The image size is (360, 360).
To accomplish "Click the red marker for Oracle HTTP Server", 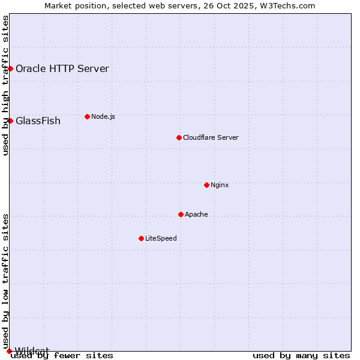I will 10,68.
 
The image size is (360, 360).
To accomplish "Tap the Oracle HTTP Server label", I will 62,68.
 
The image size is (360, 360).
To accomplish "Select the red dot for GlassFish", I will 10,121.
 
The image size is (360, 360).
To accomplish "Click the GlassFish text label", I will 38,121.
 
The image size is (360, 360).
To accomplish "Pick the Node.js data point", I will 87,116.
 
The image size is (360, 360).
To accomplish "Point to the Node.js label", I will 103,116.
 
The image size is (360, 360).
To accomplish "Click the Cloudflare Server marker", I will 179,137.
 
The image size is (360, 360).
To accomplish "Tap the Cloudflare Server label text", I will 211,137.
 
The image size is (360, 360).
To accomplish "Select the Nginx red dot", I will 206,185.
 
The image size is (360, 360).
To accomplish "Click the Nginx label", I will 220,185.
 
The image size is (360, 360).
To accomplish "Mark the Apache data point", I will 181,214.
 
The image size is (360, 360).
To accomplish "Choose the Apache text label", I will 196,214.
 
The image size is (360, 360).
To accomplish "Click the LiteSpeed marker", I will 141,238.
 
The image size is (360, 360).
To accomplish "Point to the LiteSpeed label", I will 161,238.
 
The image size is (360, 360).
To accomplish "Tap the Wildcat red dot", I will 9,351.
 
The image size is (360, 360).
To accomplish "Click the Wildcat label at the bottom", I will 32,350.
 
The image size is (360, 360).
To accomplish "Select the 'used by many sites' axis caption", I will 301,356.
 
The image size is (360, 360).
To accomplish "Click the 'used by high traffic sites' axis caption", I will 5,85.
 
